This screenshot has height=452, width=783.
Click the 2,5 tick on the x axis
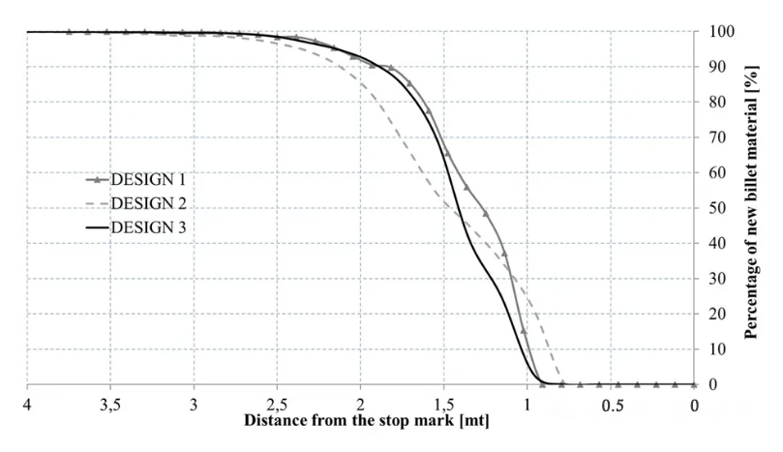(x=278, y=403)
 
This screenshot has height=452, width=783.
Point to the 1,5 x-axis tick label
(x=444, y=403)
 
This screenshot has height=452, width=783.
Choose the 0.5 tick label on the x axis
(x=611, y=403)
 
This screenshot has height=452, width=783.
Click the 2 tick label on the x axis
(x=361, y=403)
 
